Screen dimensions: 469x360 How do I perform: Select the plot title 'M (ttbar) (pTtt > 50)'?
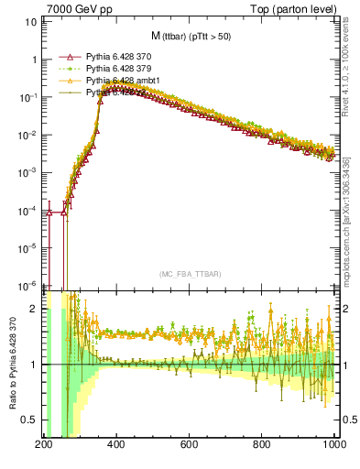click(x=190, y=37)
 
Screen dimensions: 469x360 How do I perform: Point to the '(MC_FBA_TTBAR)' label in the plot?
click(x=189, y=274)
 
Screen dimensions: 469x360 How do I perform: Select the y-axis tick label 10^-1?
click(x=27, y=97)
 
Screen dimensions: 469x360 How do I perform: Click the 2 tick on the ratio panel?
click(x=34, y=309)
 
